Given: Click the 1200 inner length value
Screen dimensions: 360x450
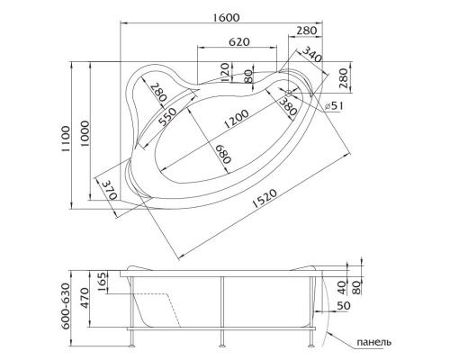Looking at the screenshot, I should (x=238, y=118).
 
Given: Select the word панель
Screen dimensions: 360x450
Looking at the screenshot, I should (x=373, y=343).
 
